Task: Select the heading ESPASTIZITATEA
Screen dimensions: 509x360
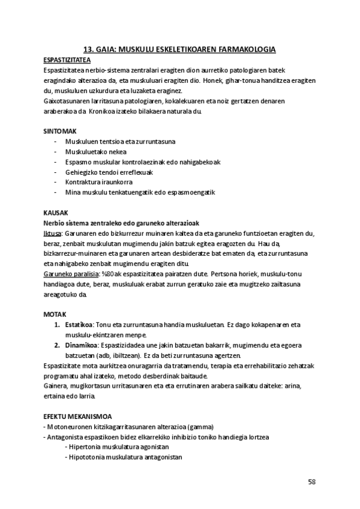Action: (67, 61)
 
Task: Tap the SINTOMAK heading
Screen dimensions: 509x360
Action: (59, 131)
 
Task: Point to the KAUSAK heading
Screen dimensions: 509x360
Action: (55, 212)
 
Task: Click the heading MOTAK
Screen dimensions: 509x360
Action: (55, 315)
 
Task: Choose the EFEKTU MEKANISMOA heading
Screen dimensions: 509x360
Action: (77, 416)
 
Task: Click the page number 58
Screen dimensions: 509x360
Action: (312, 481)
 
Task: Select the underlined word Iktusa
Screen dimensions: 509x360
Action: (52, 233)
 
